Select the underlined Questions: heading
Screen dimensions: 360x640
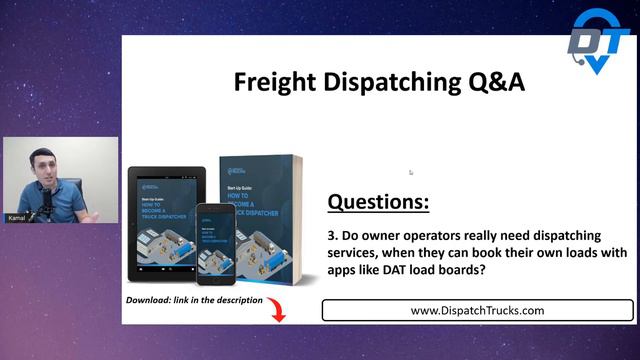click(379, 203)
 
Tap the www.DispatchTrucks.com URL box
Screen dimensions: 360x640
click(477, 310)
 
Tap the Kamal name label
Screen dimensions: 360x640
click(17, 216)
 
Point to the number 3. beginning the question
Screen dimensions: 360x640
click(335, 235)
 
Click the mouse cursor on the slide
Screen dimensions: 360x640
click(411, 172)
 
